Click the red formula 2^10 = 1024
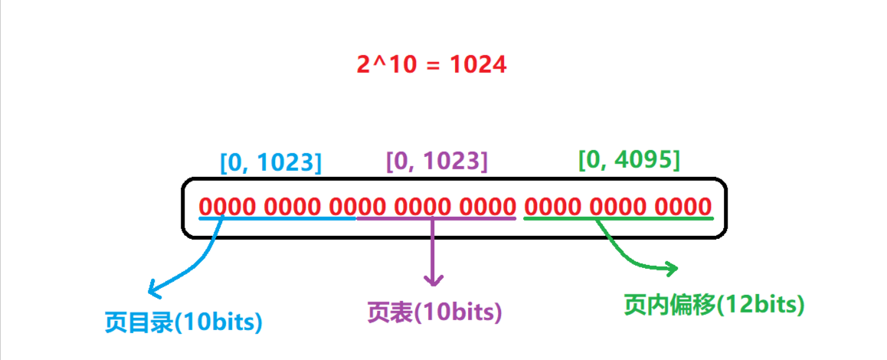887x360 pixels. click(x=431, y=64)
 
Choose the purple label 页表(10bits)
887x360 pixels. click(x=434, y=311)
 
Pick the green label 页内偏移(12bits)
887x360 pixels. click(x=714, y=304)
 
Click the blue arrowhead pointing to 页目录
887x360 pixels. click(x=153, y=290)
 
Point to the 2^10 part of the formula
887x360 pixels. click(x=384, y=64)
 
